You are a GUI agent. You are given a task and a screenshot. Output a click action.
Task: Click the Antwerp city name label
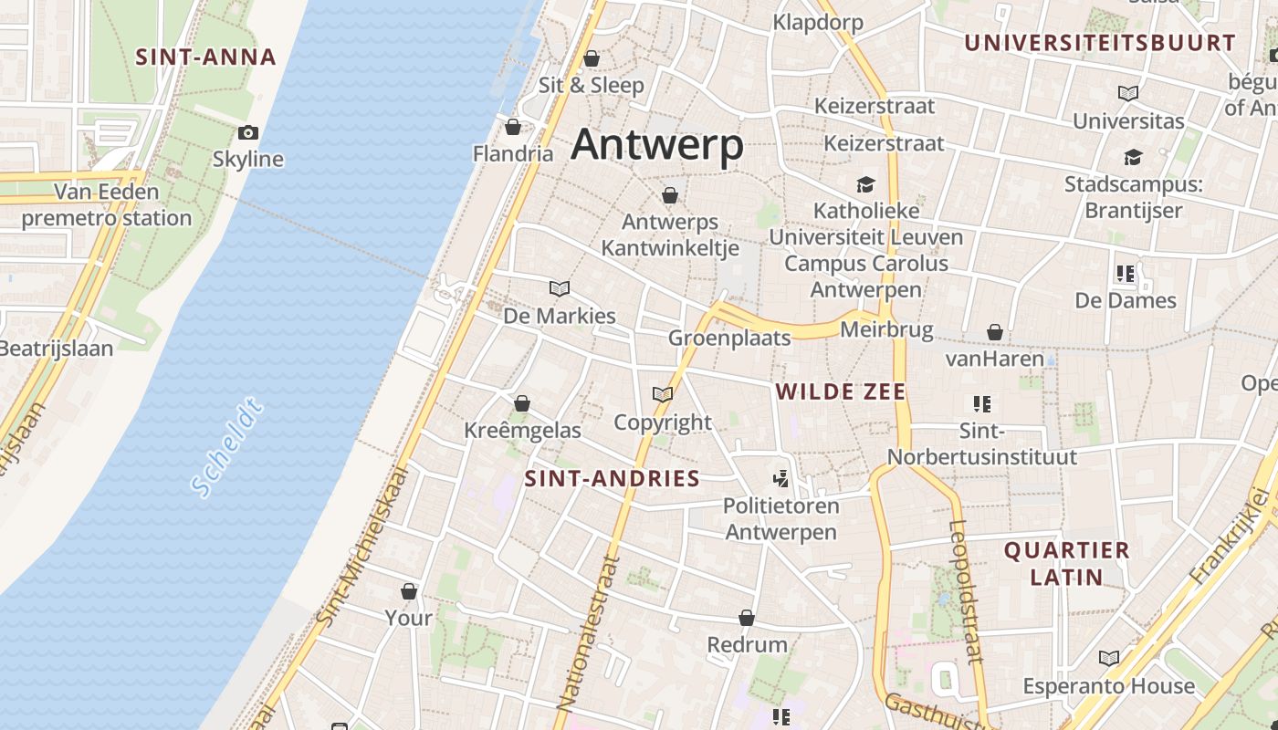657,145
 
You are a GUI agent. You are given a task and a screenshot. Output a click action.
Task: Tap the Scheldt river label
228,447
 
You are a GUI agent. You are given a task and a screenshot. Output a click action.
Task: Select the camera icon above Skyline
248,133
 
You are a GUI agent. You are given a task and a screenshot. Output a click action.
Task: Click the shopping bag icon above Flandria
513,126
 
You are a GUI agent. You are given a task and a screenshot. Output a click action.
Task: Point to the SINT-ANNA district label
205,57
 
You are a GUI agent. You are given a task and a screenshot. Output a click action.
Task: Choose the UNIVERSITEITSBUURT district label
1100,43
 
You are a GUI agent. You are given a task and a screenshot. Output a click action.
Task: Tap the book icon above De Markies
560,288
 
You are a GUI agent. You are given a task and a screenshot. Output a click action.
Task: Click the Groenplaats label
729,338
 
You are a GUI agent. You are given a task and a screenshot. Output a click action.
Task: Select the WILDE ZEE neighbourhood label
840,392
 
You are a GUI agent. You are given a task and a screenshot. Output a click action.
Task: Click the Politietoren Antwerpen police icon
780,478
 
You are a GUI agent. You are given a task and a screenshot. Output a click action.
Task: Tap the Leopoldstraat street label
966,590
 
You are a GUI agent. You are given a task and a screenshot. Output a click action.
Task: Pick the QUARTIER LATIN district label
1067,563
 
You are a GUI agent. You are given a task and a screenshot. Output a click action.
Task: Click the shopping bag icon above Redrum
747,618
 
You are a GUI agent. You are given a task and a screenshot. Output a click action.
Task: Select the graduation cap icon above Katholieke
865,184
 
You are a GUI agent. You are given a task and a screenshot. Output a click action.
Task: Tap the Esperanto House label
1108,685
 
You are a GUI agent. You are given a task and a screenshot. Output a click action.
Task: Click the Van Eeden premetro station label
107,205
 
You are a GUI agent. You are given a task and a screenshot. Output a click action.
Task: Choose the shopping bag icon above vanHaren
995,332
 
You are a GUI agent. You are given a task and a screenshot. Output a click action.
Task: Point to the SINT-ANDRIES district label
612,478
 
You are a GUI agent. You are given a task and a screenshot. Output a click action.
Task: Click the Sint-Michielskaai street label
360,547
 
